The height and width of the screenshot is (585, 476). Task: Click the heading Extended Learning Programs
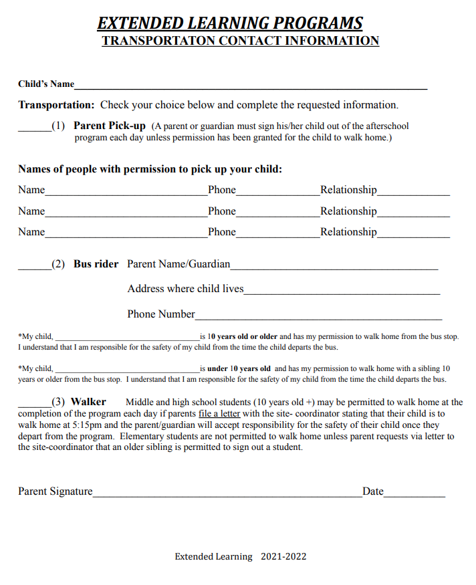230,23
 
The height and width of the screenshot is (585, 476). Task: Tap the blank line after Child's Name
251,86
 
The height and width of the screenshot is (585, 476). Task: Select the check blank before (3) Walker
34,405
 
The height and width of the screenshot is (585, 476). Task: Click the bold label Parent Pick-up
109,126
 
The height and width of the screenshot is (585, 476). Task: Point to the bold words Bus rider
96,264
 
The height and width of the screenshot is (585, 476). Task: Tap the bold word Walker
88,402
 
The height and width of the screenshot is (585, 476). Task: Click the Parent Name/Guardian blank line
334,267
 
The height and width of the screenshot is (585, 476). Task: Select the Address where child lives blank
342,292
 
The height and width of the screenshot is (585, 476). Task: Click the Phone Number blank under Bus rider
318,317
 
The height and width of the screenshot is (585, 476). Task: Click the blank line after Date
414,495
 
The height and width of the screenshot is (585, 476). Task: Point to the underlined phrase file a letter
219,414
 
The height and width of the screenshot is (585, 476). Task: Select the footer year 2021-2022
283,556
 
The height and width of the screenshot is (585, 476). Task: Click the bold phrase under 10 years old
239,368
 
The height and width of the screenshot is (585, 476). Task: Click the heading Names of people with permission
150,169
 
